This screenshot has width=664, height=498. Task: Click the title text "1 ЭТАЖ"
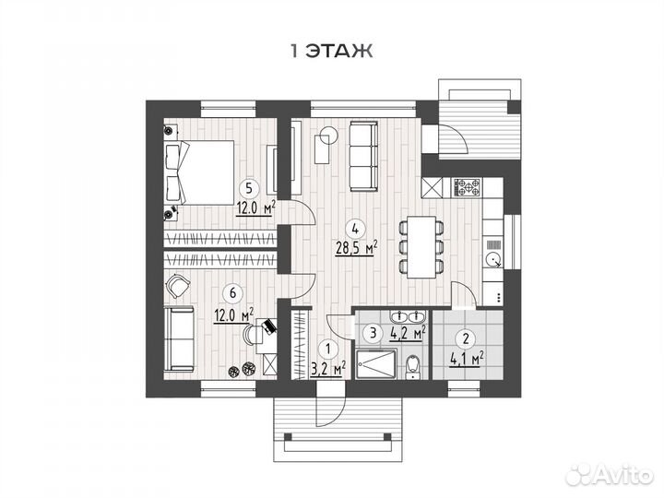tap(332, 51)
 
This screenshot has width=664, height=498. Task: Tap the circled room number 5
tap(249, 187)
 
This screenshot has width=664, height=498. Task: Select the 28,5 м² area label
tap(357, 248)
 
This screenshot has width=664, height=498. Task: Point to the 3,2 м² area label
tap(328, 368)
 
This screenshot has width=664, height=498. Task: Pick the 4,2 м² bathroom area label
tap(408, 333)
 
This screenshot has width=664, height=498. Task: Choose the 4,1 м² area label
tap(467, 359)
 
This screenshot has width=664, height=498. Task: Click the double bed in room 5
tap(199, 172)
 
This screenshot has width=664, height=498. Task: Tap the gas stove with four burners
tap(467, 187)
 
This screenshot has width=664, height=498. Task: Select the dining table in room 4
tap(421, 247)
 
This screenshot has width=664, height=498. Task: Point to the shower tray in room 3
tap(376, 364)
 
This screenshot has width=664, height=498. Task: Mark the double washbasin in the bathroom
tap(409, 316)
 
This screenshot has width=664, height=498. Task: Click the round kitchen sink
tap(492, 259)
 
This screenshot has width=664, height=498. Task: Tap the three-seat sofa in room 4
tap(363, 156)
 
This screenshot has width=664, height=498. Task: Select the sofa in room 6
tap(180, 338)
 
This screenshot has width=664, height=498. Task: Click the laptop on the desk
tap(268, 326)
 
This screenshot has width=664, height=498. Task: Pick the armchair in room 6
tap(178, 285)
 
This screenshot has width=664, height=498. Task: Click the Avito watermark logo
tap(611, 475)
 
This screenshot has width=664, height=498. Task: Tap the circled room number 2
tap(467, 338)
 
